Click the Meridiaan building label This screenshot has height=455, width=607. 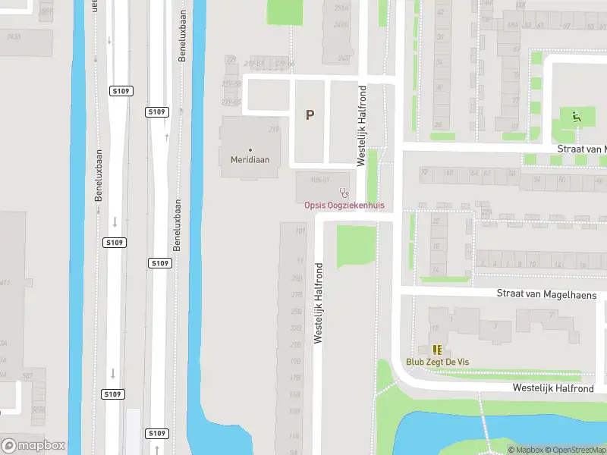(250, 160)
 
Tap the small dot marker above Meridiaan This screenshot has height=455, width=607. (250, 149)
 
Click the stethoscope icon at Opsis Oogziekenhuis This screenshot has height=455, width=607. (344, 193)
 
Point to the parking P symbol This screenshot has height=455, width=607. (310, 115)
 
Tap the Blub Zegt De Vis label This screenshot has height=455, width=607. (437, 362)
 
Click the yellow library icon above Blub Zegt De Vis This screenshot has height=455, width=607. (436, 349)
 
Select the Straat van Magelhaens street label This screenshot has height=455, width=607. (546, 294)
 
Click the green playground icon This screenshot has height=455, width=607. (575, 117)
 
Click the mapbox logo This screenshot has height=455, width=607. (33, 445)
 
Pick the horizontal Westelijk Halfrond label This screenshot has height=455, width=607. (553, 388)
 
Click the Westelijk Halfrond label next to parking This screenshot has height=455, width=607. (362, 126)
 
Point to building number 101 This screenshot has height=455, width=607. (300, 231)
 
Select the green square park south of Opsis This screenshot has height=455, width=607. (356, 246)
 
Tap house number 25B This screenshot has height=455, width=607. (296, 311)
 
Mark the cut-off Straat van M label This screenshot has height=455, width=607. (581, 149)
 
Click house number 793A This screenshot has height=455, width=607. (13, 36)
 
